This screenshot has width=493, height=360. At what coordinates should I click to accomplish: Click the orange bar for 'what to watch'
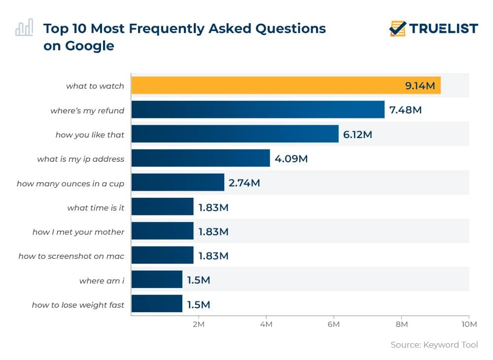(266, 86)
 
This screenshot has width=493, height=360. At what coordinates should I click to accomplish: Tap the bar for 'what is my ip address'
(200, 158)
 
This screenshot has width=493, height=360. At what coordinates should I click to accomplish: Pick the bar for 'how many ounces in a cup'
(177, 182)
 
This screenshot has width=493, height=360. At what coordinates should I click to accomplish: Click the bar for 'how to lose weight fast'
(156, 304)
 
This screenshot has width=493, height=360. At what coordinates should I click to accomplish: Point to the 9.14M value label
(420, 86)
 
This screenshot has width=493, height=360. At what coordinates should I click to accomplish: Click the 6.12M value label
(357, 135)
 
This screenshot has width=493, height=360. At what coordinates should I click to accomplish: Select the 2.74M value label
(244, 183)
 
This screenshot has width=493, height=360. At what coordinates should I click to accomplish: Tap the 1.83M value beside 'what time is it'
(213, 207)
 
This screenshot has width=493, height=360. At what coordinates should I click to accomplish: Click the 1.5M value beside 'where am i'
(198, 280)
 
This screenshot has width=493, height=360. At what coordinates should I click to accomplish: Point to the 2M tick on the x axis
(198, 324)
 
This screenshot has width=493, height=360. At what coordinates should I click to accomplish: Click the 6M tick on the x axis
(334, 324)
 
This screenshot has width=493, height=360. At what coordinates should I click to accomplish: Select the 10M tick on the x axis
(468, 324)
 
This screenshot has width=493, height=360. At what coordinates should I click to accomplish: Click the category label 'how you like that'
(90, 135)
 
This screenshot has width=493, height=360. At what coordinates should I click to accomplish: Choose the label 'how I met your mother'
(78, 232)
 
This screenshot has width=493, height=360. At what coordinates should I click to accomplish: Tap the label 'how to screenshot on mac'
(71, 256)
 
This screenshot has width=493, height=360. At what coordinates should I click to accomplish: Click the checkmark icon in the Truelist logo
(397, 29)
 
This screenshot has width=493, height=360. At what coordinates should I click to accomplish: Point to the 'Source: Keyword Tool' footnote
(434, 345)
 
